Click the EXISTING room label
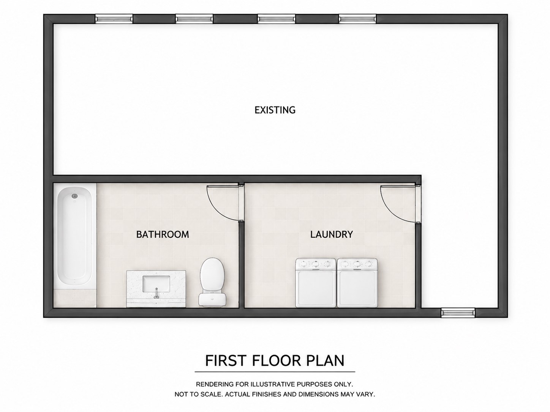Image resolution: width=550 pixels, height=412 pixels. click(x=275, y=110)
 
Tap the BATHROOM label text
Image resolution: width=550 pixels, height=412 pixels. click(x=162, y=234)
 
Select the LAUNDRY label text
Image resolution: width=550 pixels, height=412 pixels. click(x=332, y=234)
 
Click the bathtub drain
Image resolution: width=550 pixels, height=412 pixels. click(x=74, y=196)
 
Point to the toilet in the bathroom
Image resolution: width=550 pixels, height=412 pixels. click(x=212, y=282)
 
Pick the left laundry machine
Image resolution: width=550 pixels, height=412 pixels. click(x=316, y=283)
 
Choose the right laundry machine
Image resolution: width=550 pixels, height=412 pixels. click(x=357, y=283)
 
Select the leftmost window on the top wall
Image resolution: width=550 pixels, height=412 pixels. click(x=114, y=19)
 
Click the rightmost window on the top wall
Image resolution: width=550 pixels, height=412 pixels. click(x=357, y=19)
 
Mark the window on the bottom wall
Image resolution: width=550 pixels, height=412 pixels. click(x=458, y=313)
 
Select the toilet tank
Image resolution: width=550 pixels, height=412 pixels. click(x=212, y=300)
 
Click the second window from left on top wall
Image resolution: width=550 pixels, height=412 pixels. click(x=194, y=19)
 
